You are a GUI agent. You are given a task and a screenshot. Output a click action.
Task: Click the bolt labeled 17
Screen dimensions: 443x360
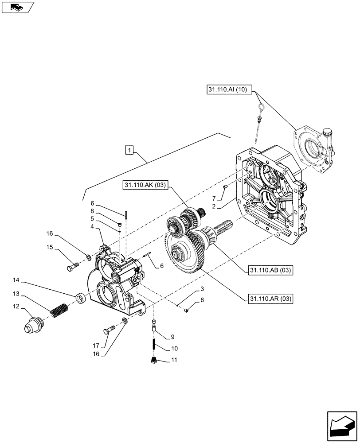(109, 330)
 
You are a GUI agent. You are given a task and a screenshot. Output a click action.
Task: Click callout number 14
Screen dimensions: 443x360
(16, 280)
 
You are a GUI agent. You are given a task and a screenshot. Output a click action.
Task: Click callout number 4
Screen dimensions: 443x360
(92, 226)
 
